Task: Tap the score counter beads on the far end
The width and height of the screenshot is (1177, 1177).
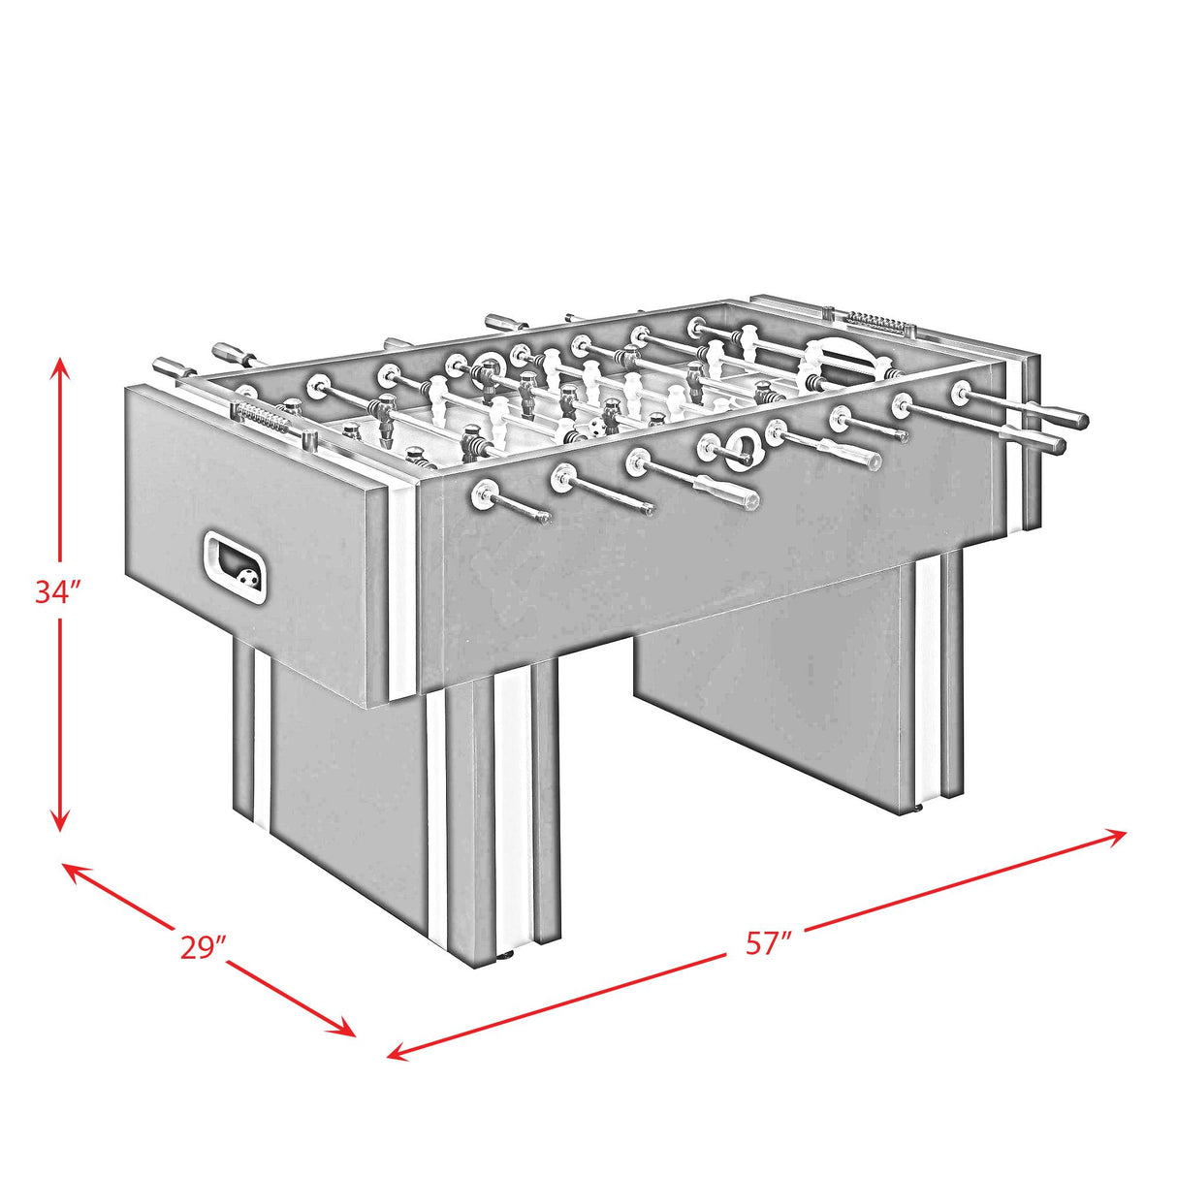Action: click(872, 319)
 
